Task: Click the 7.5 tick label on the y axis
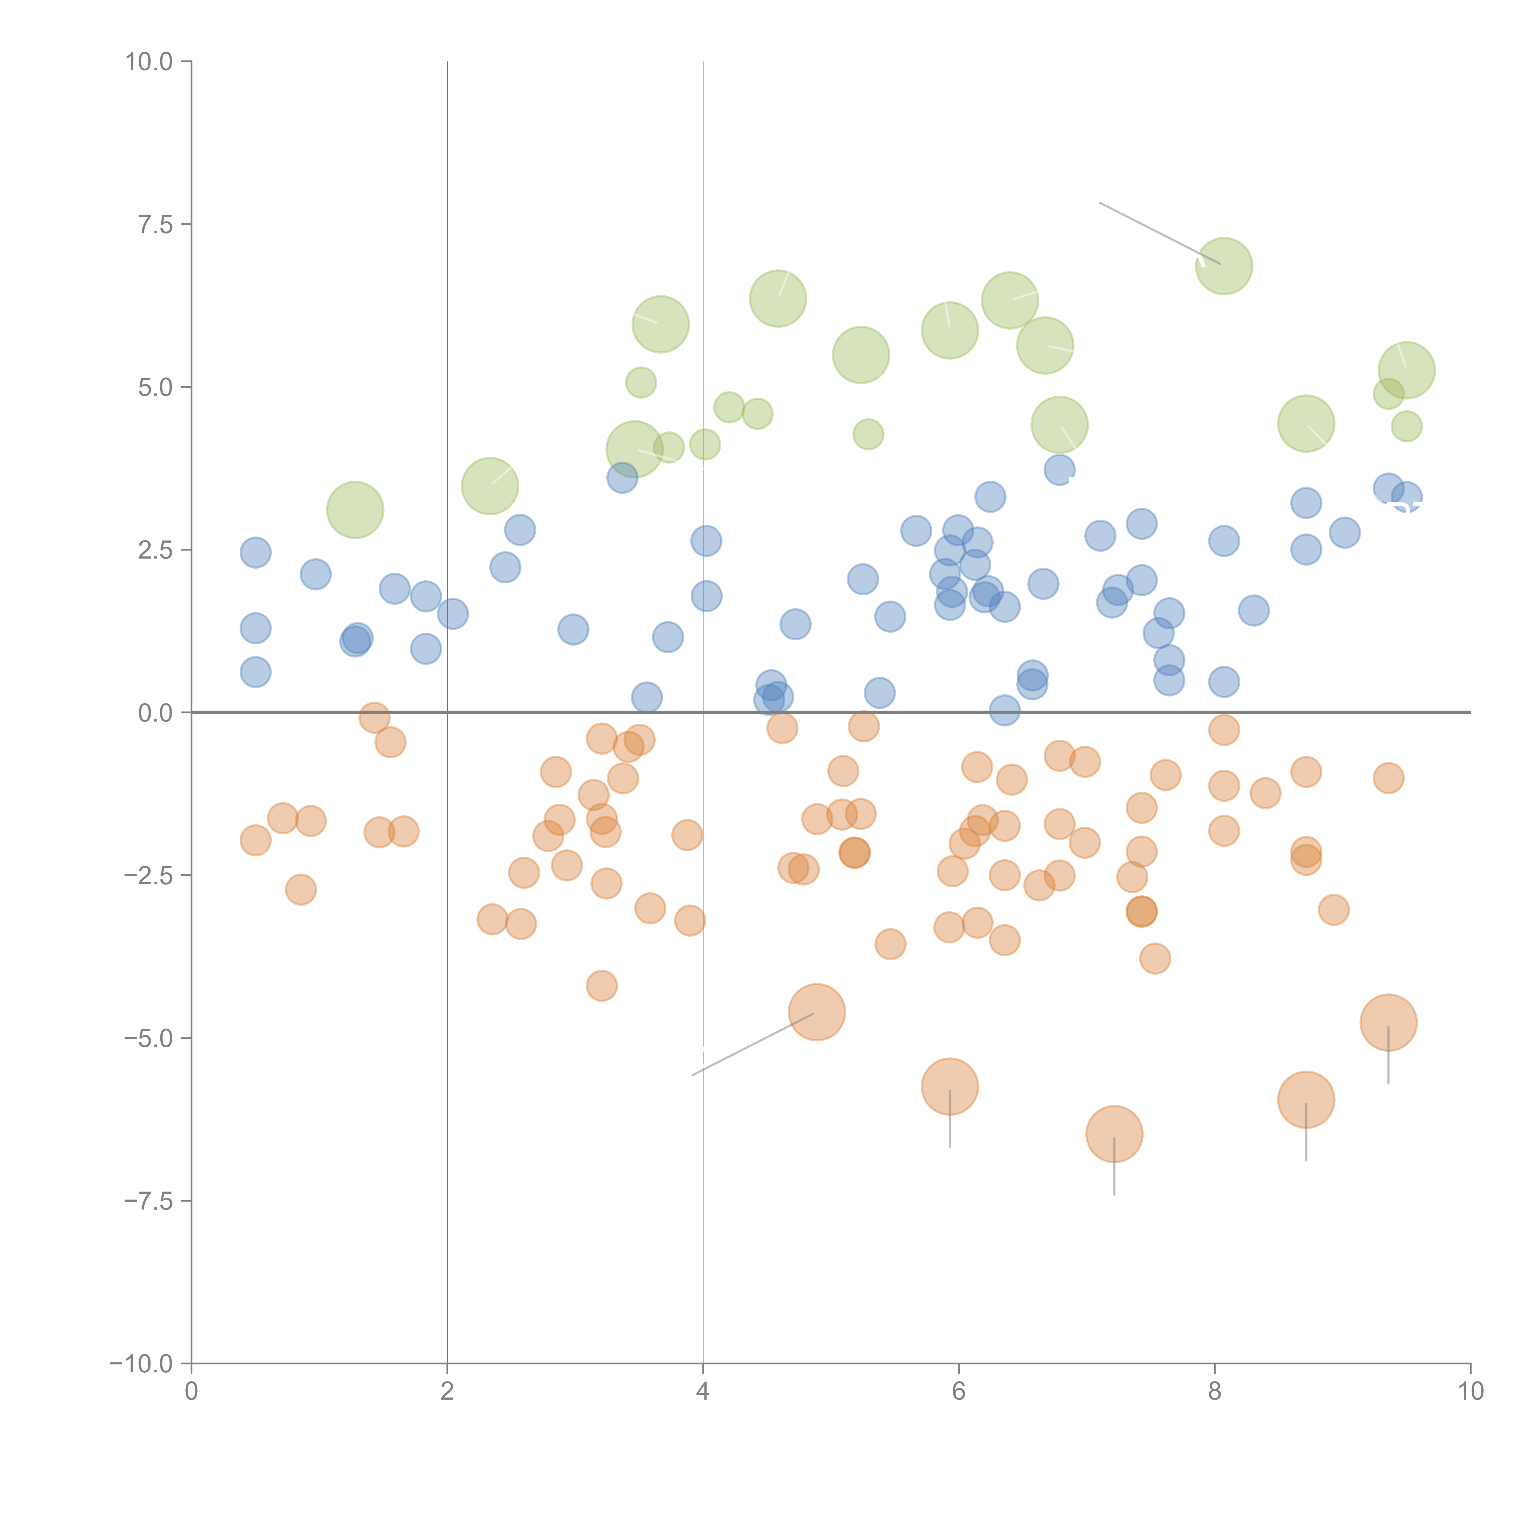point(155,224)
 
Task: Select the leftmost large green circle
point(355,510)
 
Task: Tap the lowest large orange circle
point(1114,1134)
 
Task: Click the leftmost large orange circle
point(817,1012)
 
